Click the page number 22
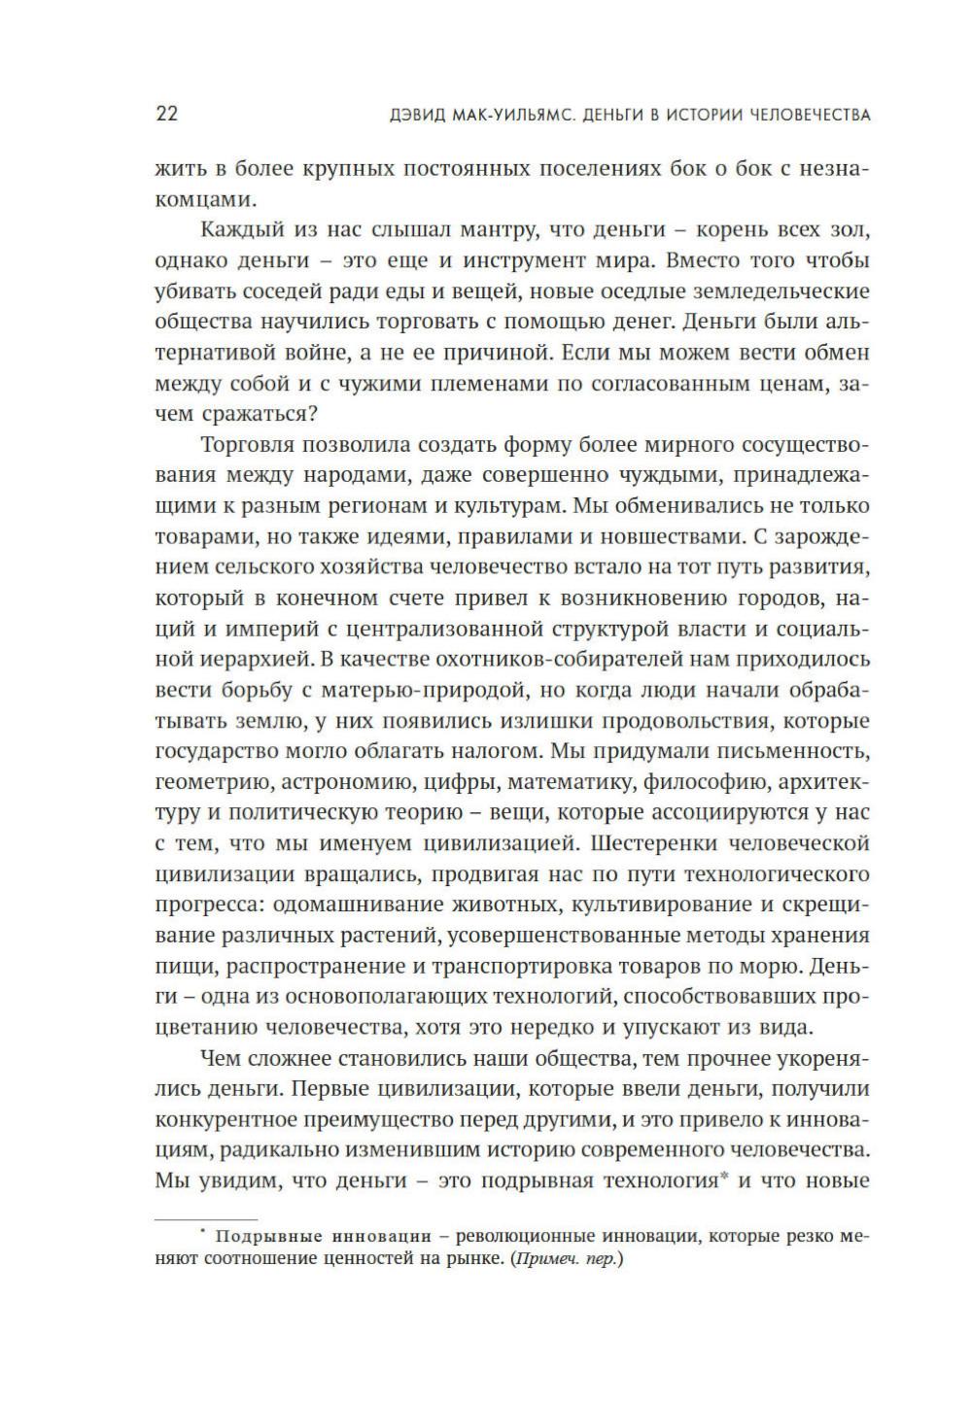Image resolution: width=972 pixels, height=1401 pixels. [166, 114]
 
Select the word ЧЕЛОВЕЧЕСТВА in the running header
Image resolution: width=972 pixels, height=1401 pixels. [809, 115]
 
